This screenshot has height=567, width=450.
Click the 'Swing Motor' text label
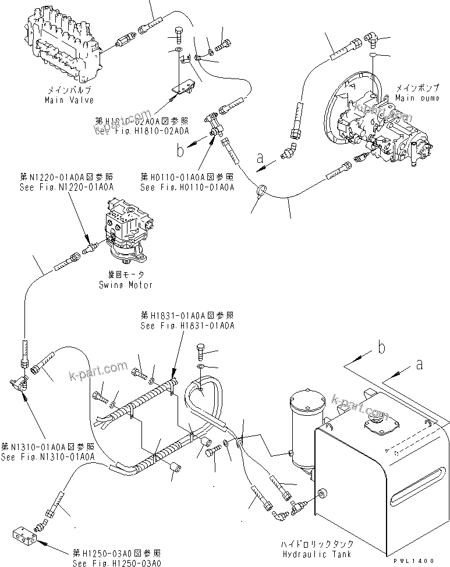[126, 285]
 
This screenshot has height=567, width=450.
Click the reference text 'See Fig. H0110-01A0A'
[187, 187]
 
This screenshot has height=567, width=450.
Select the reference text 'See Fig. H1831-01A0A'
[187, 326]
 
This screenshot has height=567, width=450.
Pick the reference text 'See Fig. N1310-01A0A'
[48, 457]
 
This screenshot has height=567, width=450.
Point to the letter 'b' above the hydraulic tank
[381, 348]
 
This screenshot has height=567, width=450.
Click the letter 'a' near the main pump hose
[260, 157]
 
